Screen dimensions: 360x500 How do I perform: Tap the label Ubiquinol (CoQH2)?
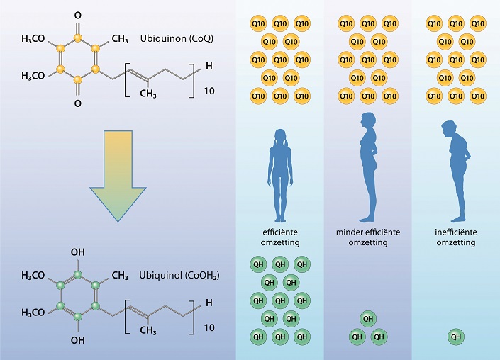(x=178, y=275)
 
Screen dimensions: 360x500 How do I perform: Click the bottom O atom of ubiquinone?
(x=77, y=103)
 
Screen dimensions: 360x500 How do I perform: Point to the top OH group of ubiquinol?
(x=77, y=251)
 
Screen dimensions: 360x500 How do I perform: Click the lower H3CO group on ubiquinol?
(x=33, y=313)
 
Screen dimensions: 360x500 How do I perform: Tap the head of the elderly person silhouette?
(x=448, y=128)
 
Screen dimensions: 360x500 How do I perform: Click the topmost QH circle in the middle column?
(x=368, y=319)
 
